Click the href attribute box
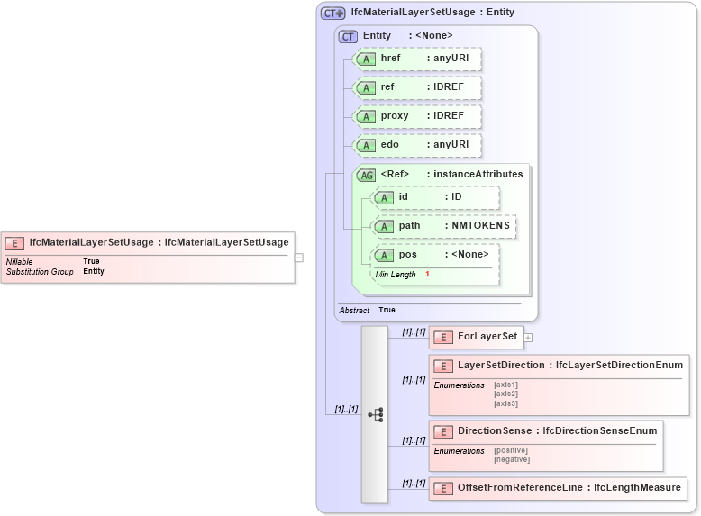click(x=417, y=59)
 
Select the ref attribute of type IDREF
click(x=417, y=88)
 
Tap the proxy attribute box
click(x=417, y=117)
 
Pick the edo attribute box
click(x=417, y=146)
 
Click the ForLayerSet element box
click(x=476, y=338)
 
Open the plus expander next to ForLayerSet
click(x=528, y=338)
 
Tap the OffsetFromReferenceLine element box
click(x=557, y=488)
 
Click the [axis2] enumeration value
click(x=505, y=394)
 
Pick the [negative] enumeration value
click(x=512, y=459)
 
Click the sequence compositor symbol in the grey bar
click(x=375, y=415)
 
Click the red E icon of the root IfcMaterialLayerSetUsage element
click(x=14, y=243)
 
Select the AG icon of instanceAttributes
click(x=366, y=175)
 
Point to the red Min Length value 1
click(x=427, y=274)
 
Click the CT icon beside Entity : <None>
click(x=348, y=36)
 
